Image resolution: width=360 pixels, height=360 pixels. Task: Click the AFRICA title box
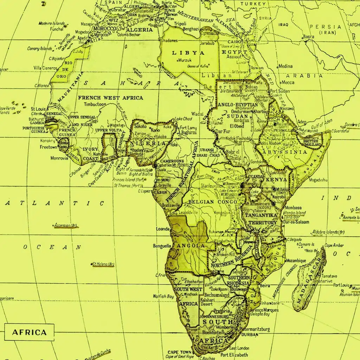(x=29, y=332)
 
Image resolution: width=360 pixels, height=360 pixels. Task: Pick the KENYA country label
(x=277, y=180)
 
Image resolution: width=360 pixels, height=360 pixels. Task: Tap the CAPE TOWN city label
(x=180, y=352)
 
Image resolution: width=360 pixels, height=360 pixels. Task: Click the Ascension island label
(x=66, y=225)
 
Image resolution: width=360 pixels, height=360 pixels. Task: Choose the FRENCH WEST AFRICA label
(x=110, y=98)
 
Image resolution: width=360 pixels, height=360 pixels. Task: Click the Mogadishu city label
(x=318, y=180)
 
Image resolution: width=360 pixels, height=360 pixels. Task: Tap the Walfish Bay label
(x=163, y=297)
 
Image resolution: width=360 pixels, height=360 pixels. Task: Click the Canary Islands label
(x=40, y=49)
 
